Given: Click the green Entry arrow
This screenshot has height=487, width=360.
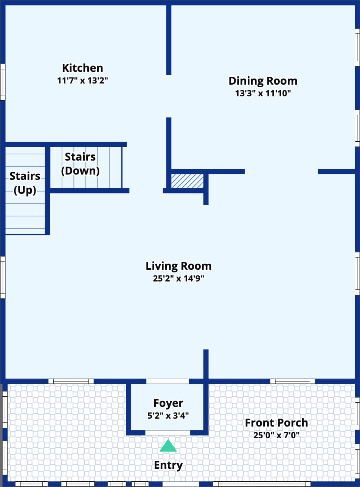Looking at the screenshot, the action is pyautogui.click(x=168, y=445).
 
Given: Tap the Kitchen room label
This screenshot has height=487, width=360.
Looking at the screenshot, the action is pyautogui.click(x=83, y=68).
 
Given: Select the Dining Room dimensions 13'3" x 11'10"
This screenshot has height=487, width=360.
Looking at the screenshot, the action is pyautogui.click(x=263, y=94).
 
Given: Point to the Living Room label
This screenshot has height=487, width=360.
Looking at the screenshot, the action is pyautogui.click(x=178, y=266).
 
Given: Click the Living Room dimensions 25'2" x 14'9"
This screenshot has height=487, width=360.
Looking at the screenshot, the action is pyautogui.click(x=178, y=278).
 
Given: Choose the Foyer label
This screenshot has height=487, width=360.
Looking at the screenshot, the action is pyautogui.click(x=168, y=403).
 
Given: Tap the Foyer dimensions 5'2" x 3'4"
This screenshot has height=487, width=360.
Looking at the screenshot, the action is pyautogui.click(x=168, y=416).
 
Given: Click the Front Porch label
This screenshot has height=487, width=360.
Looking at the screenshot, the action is pyautogui.click(x=276, y=423).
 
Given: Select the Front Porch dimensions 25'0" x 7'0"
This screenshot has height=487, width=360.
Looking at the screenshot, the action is pyautogui.click(x=276, y=435).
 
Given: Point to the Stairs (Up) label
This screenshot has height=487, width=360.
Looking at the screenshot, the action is pyautogui.click(x=25, y=183).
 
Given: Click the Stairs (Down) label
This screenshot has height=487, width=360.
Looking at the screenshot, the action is pyautogui.click(x=80, y=164).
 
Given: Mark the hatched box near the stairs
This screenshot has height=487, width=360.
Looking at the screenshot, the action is pyautogui.click(x=187, y=181).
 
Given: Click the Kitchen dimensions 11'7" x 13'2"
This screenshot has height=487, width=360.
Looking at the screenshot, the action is pyautogui.click(x=83, y=80).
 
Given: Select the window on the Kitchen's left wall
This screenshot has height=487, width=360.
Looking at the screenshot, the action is pyautogui.click(x=3, y=82).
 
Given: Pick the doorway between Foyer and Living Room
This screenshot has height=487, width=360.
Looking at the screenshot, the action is pyautogui.click(x=168, y=381).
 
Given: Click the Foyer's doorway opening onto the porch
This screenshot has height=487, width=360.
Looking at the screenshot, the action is pyautogui.click(x=168, y=433).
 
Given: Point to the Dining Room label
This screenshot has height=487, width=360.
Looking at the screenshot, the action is pyautogui.click(x=263, y=81).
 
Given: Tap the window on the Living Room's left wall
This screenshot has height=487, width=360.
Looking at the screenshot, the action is pyautogui.click(x=3, y=277).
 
